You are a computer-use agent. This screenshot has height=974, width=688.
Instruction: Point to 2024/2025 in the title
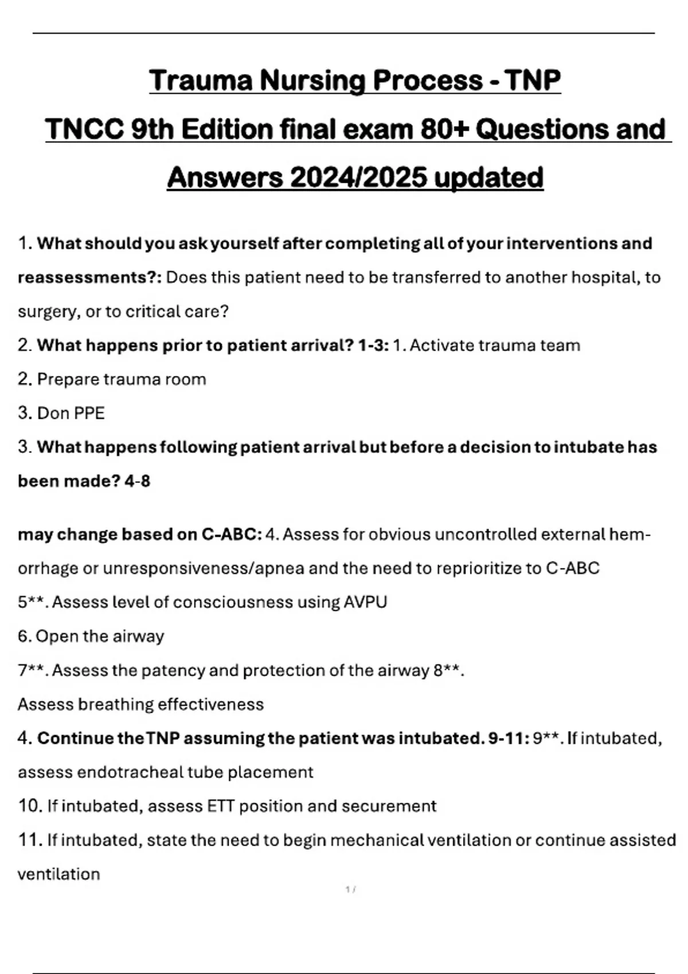tap(358, 178)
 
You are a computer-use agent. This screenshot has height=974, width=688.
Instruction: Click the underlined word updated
tap(488, 178)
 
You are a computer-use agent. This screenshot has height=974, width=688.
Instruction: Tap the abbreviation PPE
tap(89, 413)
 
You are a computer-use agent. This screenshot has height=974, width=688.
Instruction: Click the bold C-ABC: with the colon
tap(232, 535)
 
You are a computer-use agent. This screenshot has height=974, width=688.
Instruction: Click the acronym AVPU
tap(365, 602)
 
